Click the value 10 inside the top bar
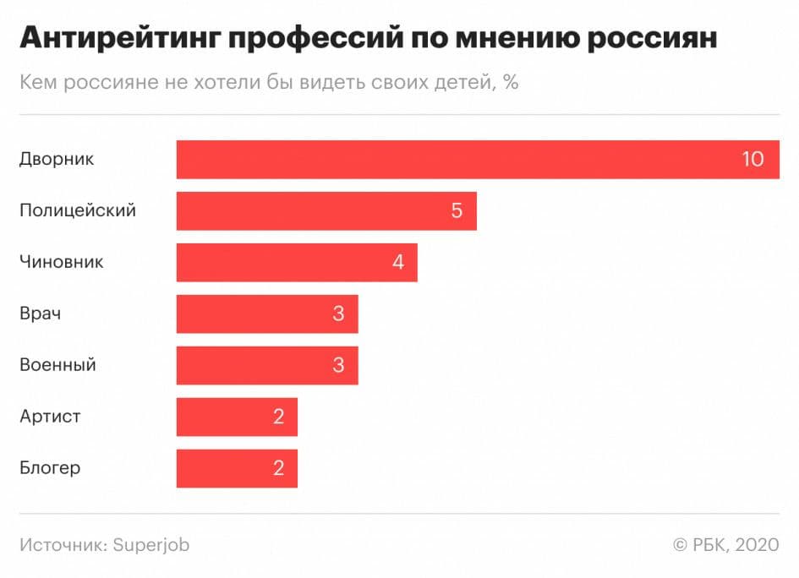point(752,159)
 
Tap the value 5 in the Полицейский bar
point(457,210)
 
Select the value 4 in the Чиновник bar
point(397,262)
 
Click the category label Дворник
point(57,159)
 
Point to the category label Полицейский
point(77,210)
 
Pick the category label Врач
point(40,314)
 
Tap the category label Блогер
point(50,468)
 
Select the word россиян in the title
point(646,39)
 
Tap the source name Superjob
point(150,545)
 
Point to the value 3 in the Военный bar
point(338,365)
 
